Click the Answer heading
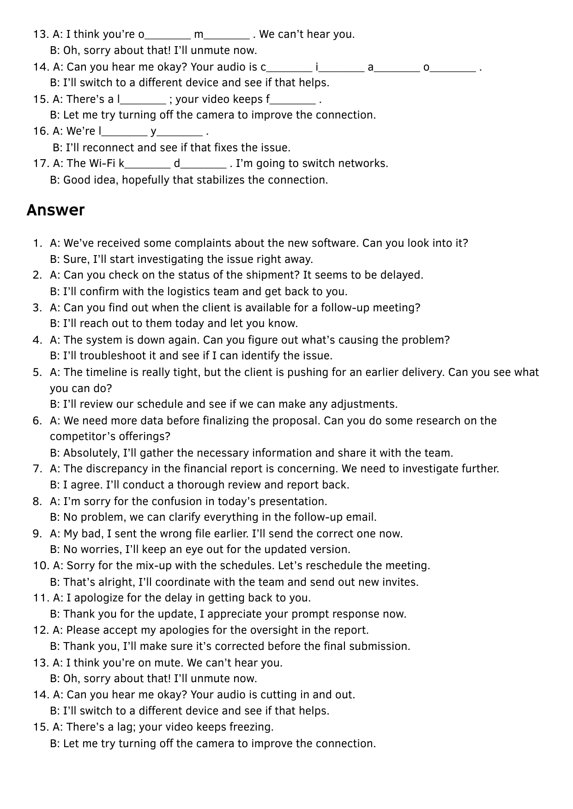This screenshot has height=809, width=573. (x=55, y=210)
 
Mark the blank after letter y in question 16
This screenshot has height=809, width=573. (x=180, y=132)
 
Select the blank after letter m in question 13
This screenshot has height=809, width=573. (x=226, y=35)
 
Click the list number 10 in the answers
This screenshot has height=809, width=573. (x=40, y=566)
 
